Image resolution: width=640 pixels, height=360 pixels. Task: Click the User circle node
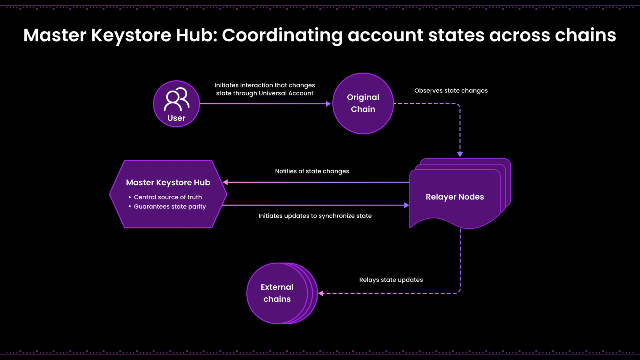176,104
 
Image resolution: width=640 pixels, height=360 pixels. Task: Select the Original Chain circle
363,103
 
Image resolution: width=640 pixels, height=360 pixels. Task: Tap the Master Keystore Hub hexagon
168,194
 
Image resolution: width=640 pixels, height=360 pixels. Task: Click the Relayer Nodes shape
455,196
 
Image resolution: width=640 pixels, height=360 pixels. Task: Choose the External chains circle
277,293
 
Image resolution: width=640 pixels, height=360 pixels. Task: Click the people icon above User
176,99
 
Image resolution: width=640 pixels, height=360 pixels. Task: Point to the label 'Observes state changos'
451,91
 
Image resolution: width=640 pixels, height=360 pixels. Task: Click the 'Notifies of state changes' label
312,171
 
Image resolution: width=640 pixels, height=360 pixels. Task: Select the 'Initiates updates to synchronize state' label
315,216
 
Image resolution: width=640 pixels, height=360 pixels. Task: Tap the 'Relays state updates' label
391,280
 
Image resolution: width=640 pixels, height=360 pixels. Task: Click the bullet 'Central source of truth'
168,197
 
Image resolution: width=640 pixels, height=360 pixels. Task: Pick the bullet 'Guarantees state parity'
170,206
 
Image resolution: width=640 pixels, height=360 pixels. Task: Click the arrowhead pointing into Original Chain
328,104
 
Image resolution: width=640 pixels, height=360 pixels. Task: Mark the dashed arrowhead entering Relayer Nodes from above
460,155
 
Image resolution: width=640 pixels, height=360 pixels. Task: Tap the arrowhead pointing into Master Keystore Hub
226,182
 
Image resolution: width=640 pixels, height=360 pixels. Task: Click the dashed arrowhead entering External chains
321,293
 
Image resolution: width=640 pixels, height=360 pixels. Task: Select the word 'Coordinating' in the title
282,35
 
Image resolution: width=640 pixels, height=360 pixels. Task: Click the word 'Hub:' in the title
197,35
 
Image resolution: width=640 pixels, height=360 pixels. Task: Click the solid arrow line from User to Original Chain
263,104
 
